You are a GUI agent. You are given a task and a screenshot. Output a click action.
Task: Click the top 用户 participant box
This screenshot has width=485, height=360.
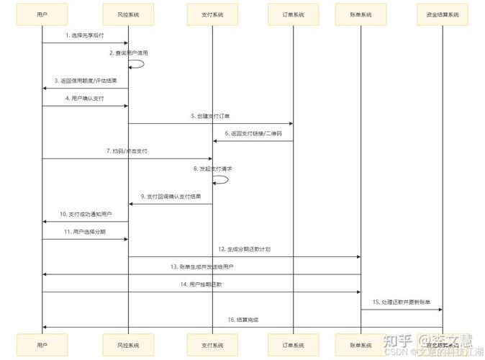[42, 14]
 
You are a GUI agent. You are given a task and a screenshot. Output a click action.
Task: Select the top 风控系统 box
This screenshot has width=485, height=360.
[128, 14]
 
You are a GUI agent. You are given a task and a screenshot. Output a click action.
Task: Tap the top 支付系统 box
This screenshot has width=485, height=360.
[212, 14]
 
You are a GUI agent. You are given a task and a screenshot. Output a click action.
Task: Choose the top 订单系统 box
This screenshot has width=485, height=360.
[293, 14]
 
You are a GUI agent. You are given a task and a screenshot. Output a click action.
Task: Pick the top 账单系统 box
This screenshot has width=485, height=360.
[361, 14]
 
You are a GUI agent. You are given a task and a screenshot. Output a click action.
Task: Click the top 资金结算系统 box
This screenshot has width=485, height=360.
[442, 14]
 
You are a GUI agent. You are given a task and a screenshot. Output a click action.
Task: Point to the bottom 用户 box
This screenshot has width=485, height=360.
[42, 345]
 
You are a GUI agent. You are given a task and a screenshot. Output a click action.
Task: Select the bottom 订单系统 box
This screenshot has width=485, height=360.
[293, 345]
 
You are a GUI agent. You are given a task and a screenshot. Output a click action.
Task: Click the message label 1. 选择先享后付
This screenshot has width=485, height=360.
[85, 35]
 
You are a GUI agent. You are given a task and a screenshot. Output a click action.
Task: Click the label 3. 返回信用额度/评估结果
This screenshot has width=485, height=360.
[85, 81]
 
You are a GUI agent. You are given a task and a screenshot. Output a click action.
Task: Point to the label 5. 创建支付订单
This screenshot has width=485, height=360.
[211, 116]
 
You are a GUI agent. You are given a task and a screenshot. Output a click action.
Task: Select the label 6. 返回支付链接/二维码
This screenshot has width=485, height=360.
[253, 133]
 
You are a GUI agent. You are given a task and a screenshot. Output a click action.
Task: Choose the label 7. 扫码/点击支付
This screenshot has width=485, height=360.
[127, 151]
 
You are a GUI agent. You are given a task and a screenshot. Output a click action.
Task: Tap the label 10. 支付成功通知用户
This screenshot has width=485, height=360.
[86, 214]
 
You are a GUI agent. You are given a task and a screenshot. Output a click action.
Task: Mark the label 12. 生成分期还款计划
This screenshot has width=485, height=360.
[245, 248]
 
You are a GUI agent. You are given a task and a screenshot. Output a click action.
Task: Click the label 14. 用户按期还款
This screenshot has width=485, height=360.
[201, 284]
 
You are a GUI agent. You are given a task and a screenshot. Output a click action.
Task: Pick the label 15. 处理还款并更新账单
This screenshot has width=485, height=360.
[402, 302]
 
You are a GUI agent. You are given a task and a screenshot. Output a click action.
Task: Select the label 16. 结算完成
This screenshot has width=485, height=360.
[242, 319]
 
